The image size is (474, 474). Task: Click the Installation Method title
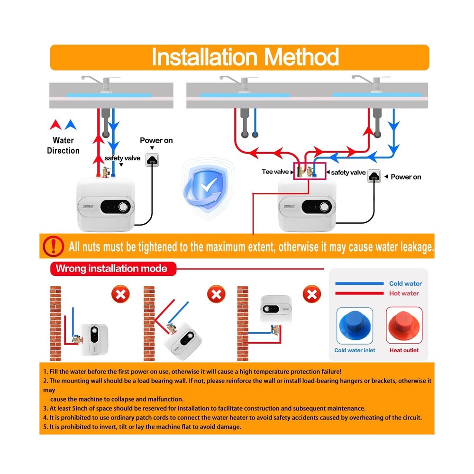click(x=245, y=57)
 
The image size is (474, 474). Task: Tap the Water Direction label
click(x=63, y=146)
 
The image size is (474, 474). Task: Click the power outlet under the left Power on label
click(x=152, y=160)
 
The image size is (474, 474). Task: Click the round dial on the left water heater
click(x=124, y=207)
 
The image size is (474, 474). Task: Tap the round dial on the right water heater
click(x=325, y=207)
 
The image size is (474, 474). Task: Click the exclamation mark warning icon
click(x=53, y=246)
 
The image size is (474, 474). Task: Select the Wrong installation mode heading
click(x=111, y=269)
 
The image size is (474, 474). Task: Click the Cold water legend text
click(x=405, y=283)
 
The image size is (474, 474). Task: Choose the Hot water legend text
click(x=404, y=293)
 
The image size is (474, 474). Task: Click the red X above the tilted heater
click(x=216, y=295)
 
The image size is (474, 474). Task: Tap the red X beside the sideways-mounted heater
click(x=120, y=295)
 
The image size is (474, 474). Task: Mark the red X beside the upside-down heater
click(x=311, y=295)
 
